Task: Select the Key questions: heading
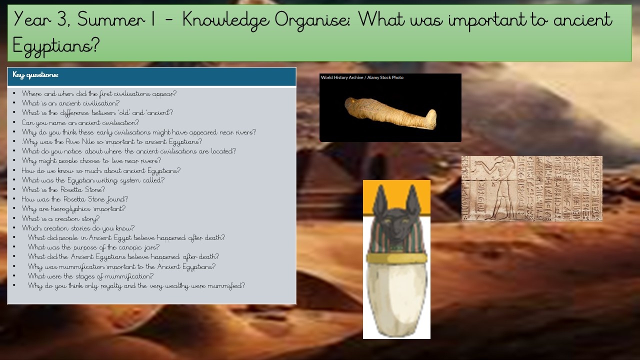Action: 35,75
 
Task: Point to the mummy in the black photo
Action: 390,113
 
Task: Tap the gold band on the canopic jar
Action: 396,258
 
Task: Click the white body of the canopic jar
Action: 396,298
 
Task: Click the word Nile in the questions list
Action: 88,141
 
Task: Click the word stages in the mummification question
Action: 85,276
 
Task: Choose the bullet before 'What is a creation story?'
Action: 14,218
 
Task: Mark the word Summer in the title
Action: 111,19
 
